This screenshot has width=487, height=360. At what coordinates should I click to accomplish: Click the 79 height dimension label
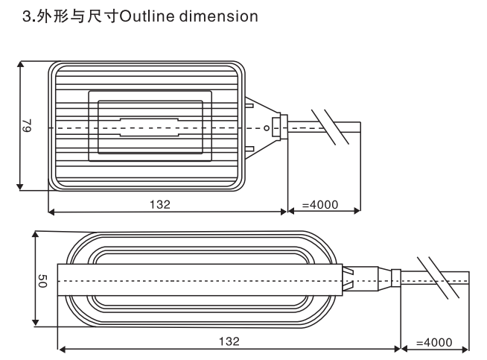(28, 125)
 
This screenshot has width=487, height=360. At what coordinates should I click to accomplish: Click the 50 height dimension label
(42, 281)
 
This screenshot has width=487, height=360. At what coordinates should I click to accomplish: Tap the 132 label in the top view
(160, 204)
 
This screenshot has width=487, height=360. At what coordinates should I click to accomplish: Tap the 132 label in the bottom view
(229, 341)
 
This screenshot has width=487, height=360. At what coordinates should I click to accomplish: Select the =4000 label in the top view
(320, 204)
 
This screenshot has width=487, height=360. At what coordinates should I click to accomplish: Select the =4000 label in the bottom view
(434, 343)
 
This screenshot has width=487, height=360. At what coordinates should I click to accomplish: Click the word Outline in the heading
(147, 16)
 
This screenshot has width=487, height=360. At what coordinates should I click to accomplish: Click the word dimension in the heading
(219, 16)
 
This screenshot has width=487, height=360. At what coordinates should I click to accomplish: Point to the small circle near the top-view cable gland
(267, 127)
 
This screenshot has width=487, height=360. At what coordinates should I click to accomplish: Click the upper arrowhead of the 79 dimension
(20, 64)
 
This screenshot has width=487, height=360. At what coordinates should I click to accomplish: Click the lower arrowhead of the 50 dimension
(36, 323)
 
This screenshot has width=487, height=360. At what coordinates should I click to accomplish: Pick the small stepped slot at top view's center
(150, 127)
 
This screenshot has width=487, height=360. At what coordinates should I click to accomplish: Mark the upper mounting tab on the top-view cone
(249, 106)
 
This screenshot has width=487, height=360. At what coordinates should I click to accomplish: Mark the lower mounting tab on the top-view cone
(249, 149)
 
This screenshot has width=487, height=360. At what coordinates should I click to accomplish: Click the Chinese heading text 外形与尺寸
(77, 16)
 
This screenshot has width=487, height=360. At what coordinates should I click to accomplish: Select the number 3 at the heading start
(27, 16)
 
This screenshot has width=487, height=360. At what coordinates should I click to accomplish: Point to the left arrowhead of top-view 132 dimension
(51, 212)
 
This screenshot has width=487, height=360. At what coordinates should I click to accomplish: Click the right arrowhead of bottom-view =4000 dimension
(465, 350)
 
